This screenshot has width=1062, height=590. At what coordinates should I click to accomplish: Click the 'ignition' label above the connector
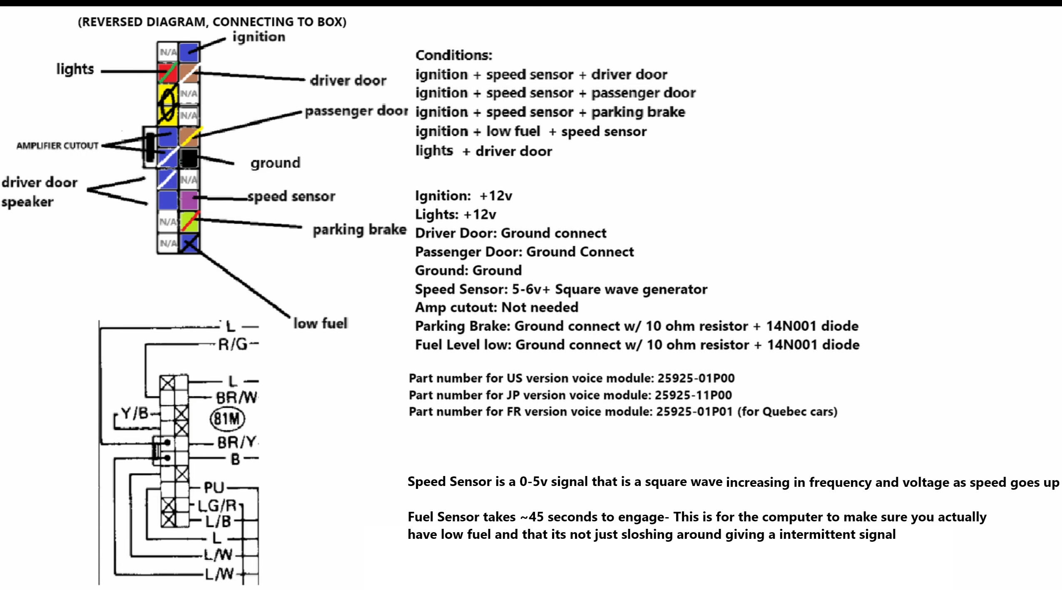(259, 37)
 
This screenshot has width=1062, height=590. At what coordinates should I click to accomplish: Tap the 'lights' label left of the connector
(75, 69)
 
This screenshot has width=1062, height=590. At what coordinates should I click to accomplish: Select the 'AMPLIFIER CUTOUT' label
(57, 146)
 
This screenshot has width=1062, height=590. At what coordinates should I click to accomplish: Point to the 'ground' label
(275, 163)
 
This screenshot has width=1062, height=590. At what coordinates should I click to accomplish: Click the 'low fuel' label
(320, 323)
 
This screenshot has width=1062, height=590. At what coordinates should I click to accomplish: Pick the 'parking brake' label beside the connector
(359, 230)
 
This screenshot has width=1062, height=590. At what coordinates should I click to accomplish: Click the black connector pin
(189, 159)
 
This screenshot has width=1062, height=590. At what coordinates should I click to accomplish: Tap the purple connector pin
(189, 200)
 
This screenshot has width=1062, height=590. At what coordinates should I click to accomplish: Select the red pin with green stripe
(168, 73)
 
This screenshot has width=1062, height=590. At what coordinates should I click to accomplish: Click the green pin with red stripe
(189, 222)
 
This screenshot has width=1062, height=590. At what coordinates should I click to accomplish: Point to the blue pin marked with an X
(189, 243)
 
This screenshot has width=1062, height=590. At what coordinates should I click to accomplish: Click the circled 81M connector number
(227, 419)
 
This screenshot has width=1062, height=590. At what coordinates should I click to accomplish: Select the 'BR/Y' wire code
(237, 442)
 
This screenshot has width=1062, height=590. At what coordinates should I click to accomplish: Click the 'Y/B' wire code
(134, 413)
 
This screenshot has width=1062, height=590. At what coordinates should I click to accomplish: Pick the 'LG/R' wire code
(217, 506)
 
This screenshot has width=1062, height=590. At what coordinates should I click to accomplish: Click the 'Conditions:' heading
(454, 55)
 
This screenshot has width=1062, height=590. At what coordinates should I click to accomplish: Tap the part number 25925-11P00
(693, 395)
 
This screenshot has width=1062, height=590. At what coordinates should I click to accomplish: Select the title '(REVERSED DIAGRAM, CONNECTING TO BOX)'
(212, 22)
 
